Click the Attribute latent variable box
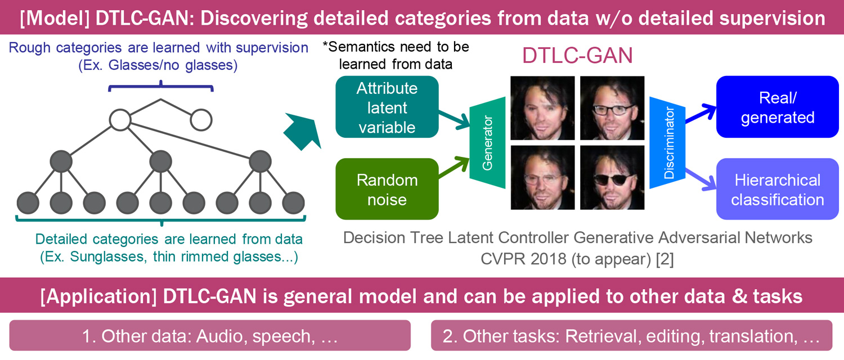(x=387, y=107)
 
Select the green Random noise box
(x=387, y=189)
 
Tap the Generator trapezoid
(x=487, y=143)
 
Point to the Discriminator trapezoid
(x=667, y=143)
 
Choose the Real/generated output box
(x=777, y=107)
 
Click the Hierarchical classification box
(x=777, y=189)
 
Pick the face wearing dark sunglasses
(x=612, y=177)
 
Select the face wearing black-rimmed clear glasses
(x=612, y=108)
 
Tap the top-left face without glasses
(x=542, y=108)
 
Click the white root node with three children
(x=120, y=120)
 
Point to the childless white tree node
(x=201, y=120)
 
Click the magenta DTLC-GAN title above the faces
(x=577, y=56)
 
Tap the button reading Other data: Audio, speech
(x=210, y=335)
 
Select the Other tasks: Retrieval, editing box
(x=631, y=335)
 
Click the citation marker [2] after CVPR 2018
(x=665, y=259)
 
